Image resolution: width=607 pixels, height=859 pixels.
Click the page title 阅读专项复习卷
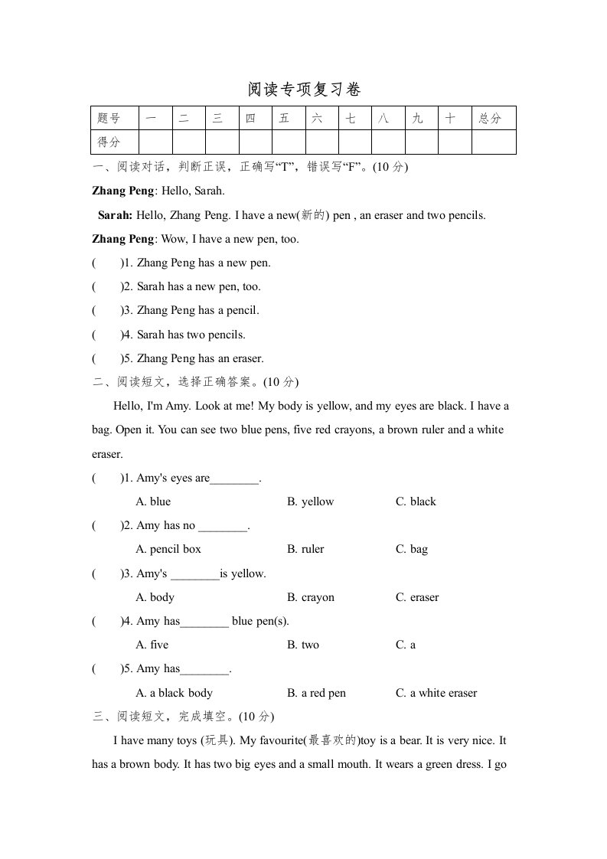point(303,90)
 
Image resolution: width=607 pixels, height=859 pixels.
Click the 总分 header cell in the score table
point(491,119)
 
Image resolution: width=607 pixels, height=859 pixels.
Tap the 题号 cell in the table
point(109,119)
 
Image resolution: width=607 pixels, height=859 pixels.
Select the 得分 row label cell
point(109,142)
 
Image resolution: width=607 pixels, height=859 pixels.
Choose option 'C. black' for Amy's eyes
point(416,501)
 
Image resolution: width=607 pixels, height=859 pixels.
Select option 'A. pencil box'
point(168,549)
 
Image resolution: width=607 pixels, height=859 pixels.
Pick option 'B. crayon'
point(311,597)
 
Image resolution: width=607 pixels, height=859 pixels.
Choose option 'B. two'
point(303,645)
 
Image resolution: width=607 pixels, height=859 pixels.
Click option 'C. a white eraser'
point(436,693)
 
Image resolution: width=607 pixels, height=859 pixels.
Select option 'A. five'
point(152,645)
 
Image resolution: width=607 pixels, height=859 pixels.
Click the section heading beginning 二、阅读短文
point(195,382)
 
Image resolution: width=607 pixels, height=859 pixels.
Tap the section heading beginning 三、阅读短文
point(182,717)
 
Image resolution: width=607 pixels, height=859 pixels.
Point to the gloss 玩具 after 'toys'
point(219,740)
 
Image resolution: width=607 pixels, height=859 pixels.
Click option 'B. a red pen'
point(316,693)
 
